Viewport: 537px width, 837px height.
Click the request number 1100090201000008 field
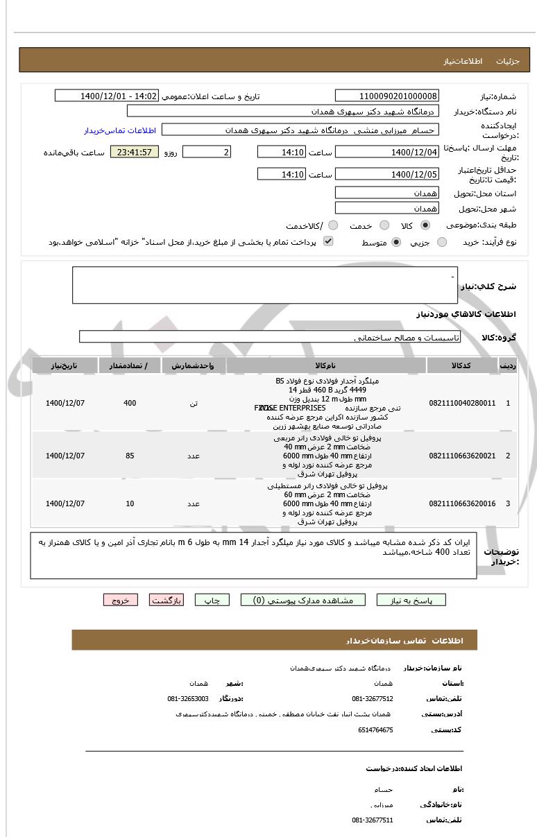click(386, 96)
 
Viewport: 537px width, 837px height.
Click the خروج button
click(121, 600)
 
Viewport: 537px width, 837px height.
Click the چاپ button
click(212, 600)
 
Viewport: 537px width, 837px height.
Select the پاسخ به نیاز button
click(411, 600)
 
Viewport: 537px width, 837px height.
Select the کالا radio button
click(425, 226)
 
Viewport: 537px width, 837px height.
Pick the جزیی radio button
click(441, 242)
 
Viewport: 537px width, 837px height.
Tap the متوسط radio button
click(397, 242)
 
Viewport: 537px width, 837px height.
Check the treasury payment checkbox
click(328, 241)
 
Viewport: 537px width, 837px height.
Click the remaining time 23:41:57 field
click(135, 152)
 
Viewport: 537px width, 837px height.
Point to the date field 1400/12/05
click(386, 174)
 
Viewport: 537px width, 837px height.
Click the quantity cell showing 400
click(130, 403)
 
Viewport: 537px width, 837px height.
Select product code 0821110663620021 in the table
click(462, 456)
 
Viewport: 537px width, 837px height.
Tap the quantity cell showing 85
click(130, 456)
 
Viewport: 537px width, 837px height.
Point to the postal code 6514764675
click(376, 730)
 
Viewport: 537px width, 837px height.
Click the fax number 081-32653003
click(188, 698)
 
